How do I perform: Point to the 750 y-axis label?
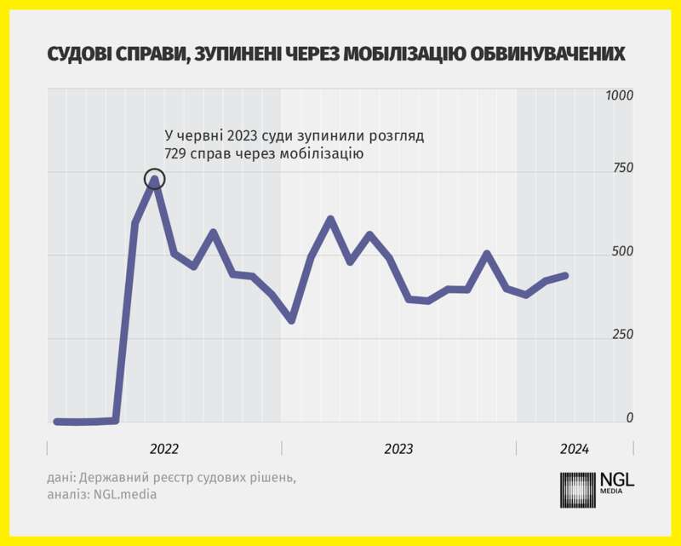[622, 169]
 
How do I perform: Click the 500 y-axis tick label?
[622, 252]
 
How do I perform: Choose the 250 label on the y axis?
[622, 335]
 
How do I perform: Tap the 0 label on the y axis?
[630, 417]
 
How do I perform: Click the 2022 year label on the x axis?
[164, 449]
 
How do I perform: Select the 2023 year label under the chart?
[398, 449]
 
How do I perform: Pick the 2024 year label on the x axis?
[574, 449]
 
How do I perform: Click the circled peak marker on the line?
[154, 179]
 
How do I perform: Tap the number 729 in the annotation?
[176, 154]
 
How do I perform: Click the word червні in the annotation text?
[205, 135]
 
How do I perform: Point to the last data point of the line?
[566, 275]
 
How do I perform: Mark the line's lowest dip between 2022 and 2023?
[291, 320]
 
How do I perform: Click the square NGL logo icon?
[578, 490]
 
